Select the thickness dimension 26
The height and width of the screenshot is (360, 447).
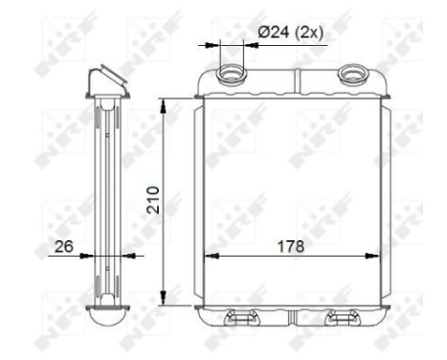click(64, 245)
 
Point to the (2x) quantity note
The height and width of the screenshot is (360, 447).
click(310, 32)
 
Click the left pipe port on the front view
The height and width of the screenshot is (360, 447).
click(232, 74)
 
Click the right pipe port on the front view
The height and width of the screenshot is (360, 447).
click(355, 74)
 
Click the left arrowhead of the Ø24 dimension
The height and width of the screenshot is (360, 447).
click(214, 43)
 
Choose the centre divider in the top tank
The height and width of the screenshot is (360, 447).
click(293, 79)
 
